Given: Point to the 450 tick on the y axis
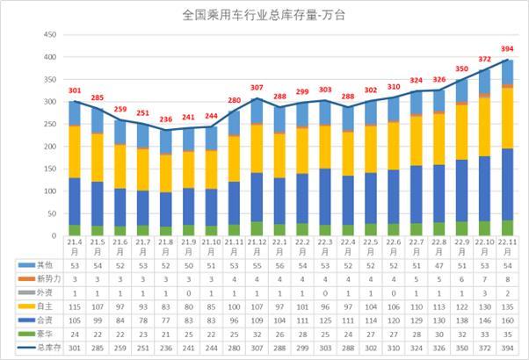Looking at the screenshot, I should pos(50,34).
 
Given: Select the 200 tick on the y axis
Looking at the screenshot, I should pos(50,147).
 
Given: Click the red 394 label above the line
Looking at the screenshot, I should pos(506,48).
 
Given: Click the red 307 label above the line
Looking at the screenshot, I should pos(257,88).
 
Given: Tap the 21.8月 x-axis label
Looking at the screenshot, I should pos(165,244).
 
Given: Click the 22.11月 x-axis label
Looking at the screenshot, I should pos(507,244).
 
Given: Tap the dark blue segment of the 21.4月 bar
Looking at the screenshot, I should pos(75,202).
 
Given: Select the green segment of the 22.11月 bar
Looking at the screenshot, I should pos(507,227).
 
